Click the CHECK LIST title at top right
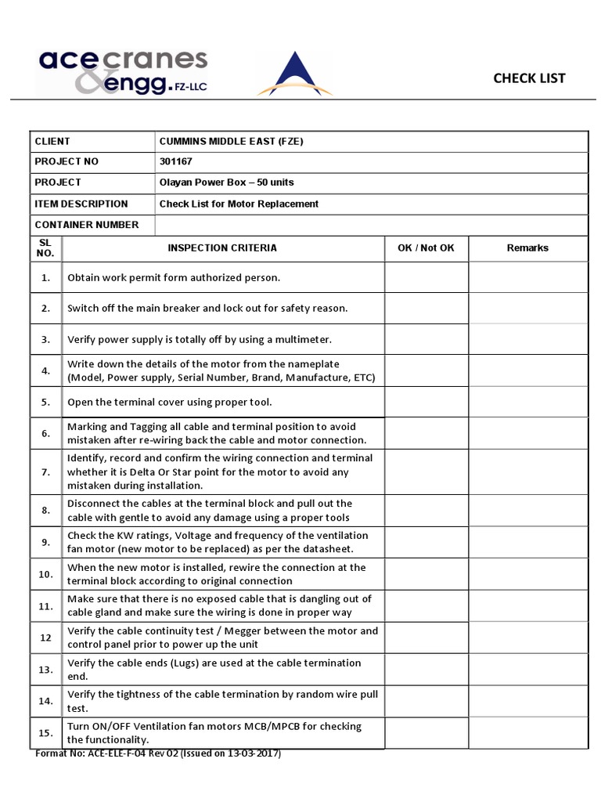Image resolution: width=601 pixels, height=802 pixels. (x=528, y=78)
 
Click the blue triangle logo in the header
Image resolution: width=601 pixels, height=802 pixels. (x=294, y=75)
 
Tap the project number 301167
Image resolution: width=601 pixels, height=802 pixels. (x=176, y=161)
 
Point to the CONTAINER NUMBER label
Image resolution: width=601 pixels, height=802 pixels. (x=86, y=225)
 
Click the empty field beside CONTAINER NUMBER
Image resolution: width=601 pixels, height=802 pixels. (x=372, y=225)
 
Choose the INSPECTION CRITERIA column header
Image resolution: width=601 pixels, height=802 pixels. (x=222, y=248)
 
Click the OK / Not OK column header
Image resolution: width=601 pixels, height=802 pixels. (x=426, y=248)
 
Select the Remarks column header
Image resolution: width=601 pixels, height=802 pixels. (x=527, y=248)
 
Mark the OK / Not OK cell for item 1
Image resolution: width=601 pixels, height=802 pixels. (x=426, y=277)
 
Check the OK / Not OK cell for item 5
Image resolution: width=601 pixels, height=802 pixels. (x=426, y=402)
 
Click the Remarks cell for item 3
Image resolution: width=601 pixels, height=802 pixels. (x=527, y=339)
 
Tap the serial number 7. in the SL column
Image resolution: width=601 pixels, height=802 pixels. (x=46, y=471)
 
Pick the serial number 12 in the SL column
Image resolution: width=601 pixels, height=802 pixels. (x=46, y=638)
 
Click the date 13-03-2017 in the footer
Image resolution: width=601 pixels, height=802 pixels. (x=251, y=753)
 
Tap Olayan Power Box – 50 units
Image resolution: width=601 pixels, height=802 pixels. (x=226, y=182)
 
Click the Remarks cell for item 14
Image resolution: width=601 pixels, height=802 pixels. (x=527, y=701)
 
